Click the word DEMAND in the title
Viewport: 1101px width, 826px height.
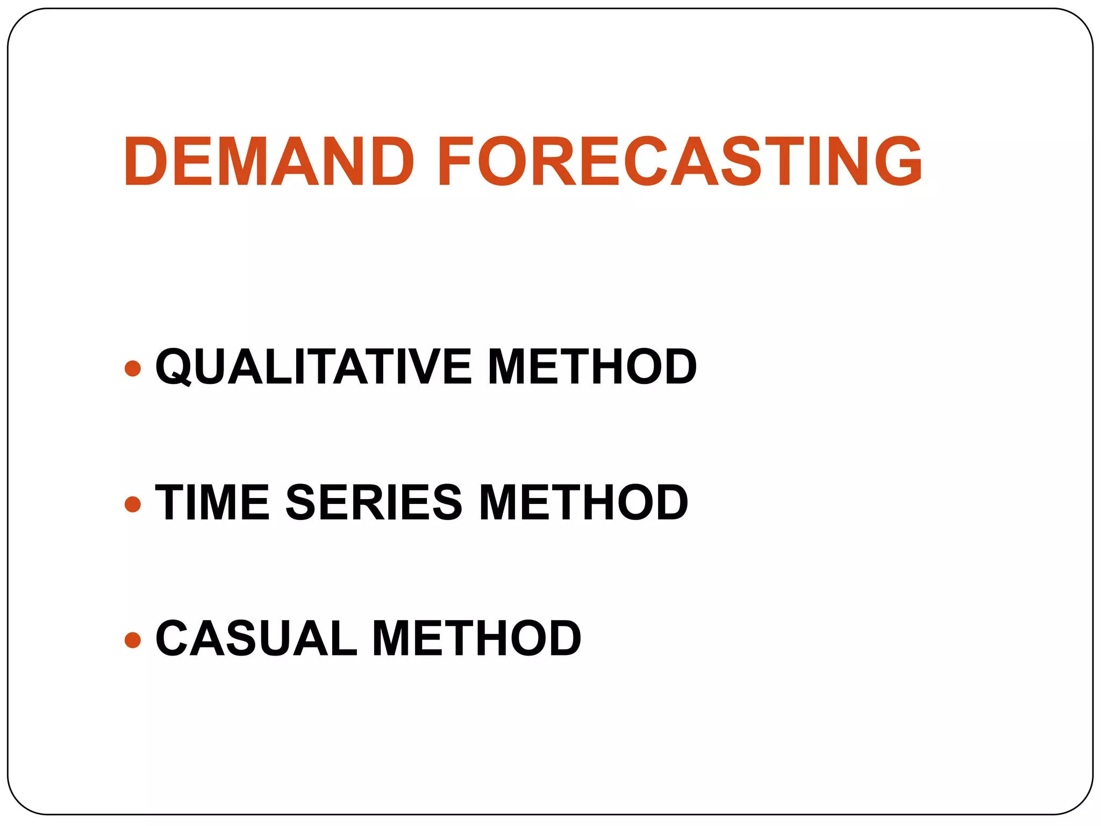pyautogui.click(x=269, y=161)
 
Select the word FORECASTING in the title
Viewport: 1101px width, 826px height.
pyautogui.click(x=680, y=161)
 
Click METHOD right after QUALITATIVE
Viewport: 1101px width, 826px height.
pyautogui.click(x=592, y=367)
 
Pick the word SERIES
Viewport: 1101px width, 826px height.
pyautogui.click(x=374, y=502)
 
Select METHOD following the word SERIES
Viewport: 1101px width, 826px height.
pyautogui.click(x=583, y=502)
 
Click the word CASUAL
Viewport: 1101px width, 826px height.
pyautogui.click(x=256, y=638)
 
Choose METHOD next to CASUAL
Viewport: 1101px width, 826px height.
pyautogui.click(x=476, y=638)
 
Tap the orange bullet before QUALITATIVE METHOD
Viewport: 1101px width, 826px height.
pyautogui.click(x=132, y=368)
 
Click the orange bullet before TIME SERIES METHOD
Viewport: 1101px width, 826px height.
pyautogui.click(x=132, y=504)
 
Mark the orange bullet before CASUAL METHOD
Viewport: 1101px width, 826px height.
pyautogui.click(x=132, y=640)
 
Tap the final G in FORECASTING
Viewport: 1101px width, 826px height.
pyautogui.click(x=898, y=161)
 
